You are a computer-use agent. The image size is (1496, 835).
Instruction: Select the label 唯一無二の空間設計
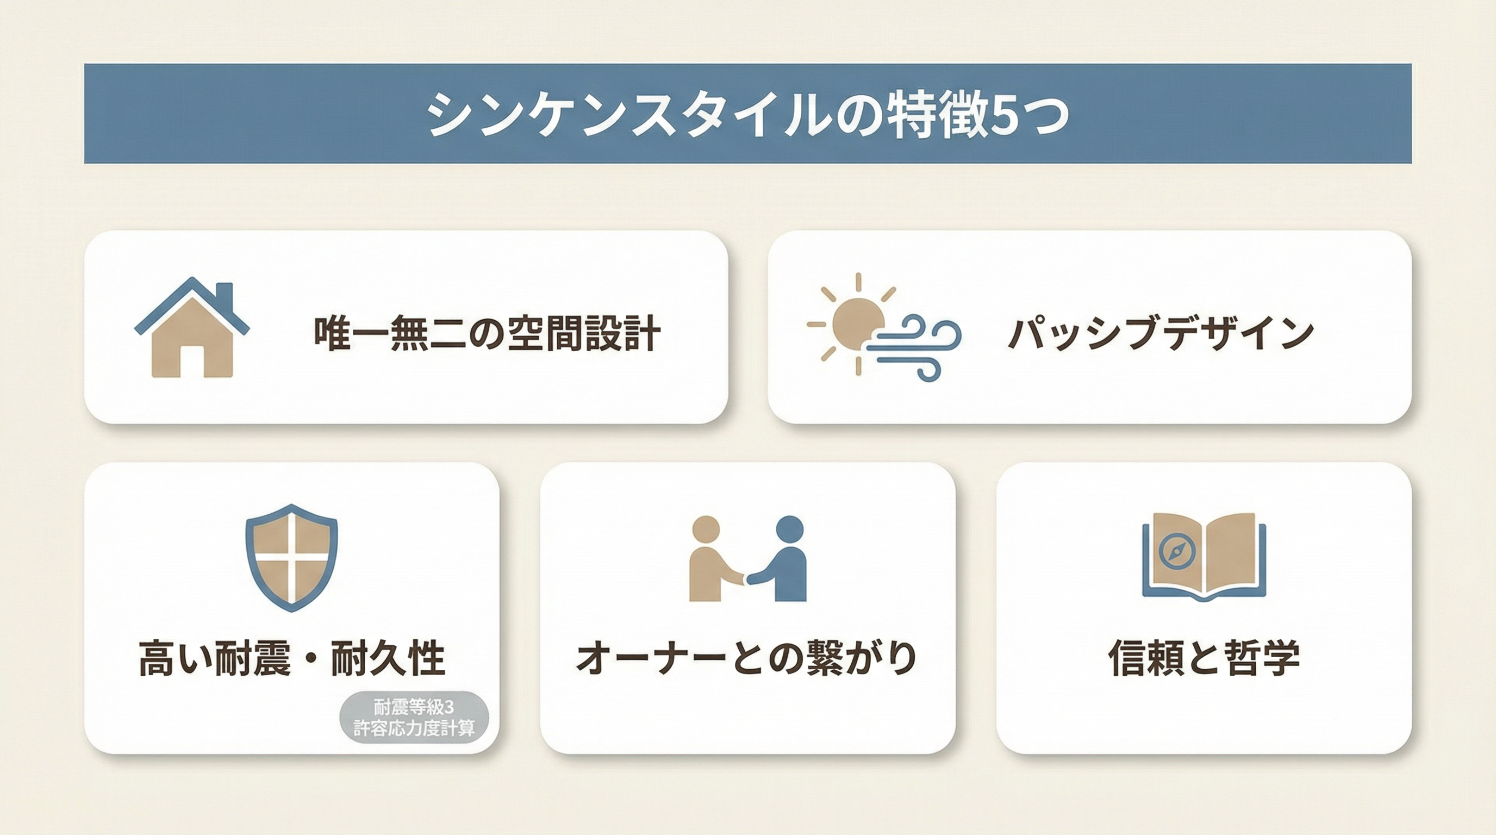487,334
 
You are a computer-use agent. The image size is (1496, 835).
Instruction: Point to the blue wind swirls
918,347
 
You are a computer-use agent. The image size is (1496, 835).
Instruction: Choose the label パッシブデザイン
1161,334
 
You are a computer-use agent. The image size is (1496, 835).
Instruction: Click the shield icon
291,557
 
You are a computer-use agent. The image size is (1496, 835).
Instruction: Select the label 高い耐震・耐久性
291,658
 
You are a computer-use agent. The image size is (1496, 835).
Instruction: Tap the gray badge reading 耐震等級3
414,716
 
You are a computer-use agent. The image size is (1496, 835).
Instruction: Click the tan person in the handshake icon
712,559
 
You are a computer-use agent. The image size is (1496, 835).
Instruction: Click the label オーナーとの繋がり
747,658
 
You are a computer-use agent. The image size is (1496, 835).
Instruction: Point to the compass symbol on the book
1177,551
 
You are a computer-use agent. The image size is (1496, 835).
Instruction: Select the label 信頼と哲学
1204,658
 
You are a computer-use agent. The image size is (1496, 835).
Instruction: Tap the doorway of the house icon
192,362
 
